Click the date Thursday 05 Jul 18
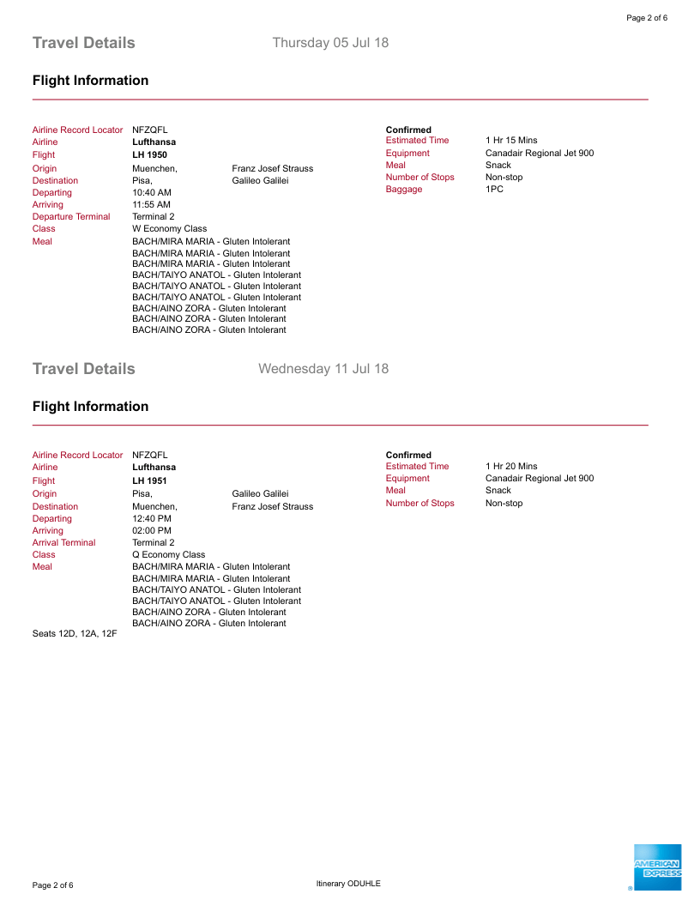pyautogui.click(x=330, y=43)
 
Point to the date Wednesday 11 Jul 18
pyautogui.click(x=323, y=369)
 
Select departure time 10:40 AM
pyautogui.click(x=152, y=193)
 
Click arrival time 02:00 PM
pyautogui.click(x=152, y=530)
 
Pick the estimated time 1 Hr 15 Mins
pyautogui.click(x=511, y=141)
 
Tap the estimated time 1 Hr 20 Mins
pyautogui.click(x=511, y=467)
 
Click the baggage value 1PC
pyautogui.click(x=494, y=189)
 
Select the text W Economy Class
pyautogui.click(x=169, y=229)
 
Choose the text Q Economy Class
pyautogui.click(x=168, y=554)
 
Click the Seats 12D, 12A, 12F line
pyautogui.click(x=75, y=634)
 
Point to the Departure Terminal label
pyautogui.click(x=71, y=217)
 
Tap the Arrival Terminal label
pyautogui.click(x=64, y=542)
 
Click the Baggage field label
pyautogui.click(x=404, y=189)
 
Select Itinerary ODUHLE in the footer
pyautogui.click(x=348, y=884)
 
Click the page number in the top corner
pyautogui.click(x=647, y=18)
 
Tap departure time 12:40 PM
pyautogui.click(x=152, y=518)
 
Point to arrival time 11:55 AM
pyautogui.click(x=151, y=205)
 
